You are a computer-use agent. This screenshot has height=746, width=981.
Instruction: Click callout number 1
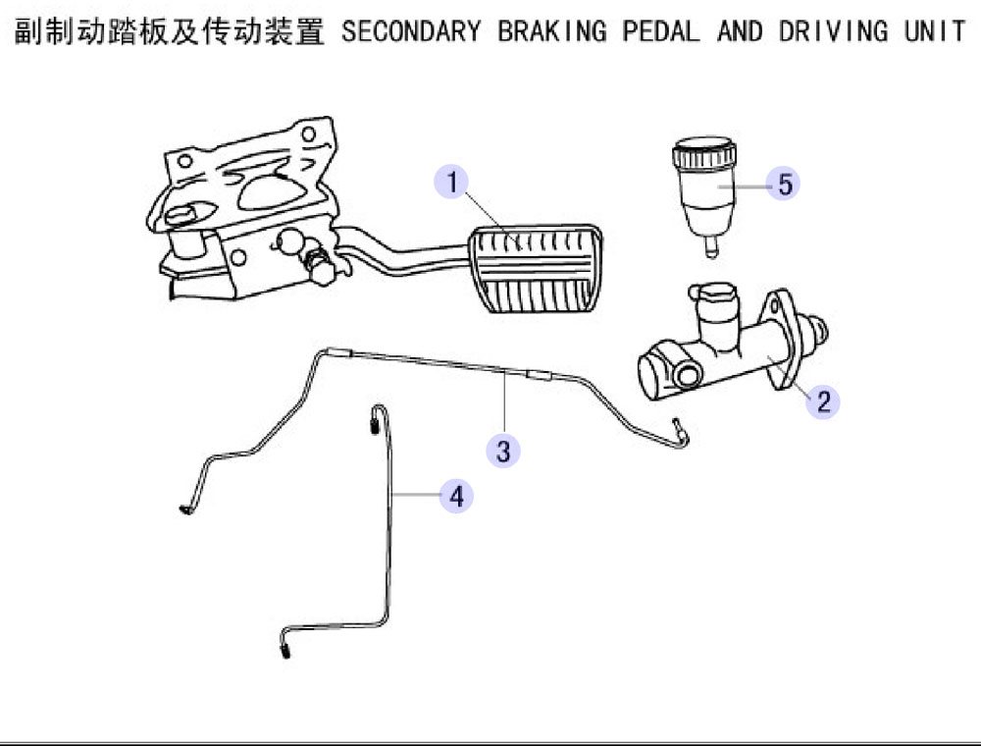(x=451, y=183)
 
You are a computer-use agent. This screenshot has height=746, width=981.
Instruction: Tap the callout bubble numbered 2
(x=822, y=401)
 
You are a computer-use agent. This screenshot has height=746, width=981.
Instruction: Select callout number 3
(x=503, y=451)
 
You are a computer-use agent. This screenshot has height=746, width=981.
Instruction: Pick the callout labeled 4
(x=456, y=497)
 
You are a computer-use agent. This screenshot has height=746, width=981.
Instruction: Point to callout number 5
(x=784, y=184)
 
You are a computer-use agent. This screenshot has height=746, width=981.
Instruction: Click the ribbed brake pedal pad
(x=536, y=269)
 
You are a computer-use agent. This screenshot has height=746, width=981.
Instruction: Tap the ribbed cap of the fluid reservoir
(x=703, y=153)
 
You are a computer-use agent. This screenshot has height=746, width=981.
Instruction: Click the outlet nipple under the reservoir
(x=711, y=245)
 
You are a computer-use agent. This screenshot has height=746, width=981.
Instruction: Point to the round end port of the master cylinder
(x=687, y=374)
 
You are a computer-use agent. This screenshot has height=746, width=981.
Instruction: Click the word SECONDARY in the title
(x=411, y=31)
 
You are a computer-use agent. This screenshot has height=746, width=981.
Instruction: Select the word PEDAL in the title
(x=660, y=31)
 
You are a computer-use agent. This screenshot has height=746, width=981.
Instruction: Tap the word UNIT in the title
(x=935, y=31)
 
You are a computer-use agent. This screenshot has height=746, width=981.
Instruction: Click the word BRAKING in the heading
(x=551, y=31)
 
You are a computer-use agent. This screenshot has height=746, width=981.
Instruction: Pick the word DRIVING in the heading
(x=833, y=31)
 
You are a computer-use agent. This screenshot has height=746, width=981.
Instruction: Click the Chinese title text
(x=169, y=31)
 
